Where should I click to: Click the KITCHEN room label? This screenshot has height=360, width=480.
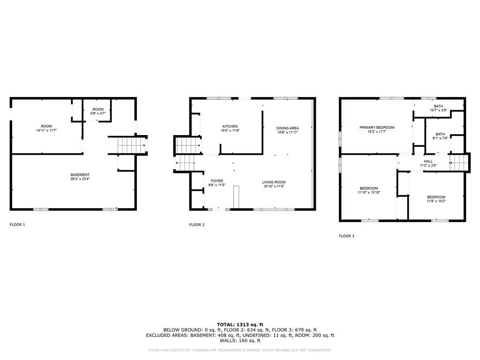point(230,127)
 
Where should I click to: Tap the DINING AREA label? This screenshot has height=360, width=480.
point(287,128)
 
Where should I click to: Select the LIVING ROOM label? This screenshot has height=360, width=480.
point(274,182)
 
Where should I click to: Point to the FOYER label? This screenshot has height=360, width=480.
point(217,181)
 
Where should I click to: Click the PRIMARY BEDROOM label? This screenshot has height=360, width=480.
point(377,127)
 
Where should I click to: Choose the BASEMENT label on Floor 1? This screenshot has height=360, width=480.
point(80,175)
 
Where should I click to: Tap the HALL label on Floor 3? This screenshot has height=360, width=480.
point(428,161)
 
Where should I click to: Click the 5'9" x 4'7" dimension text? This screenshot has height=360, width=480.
point(98,113)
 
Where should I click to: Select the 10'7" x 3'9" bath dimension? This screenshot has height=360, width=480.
point(438,110)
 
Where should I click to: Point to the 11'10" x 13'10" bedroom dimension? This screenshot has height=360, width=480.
point(369,193)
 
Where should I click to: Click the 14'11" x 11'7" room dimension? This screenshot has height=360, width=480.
point(46,130)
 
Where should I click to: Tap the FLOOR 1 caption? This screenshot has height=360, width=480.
point(17,225)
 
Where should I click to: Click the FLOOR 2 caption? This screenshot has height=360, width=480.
point(197,225)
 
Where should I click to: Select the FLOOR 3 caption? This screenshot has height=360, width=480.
point(346,236)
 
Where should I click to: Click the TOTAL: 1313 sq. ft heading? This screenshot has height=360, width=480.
point(240,324)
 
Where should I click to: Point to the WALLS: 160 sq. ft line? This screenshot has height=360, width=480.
point(240,340)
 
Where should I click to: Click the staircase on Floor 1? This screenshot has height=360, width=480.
point(131,145)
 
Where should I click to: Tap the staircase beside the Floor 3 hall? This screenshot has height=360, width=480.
point(459,163)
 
